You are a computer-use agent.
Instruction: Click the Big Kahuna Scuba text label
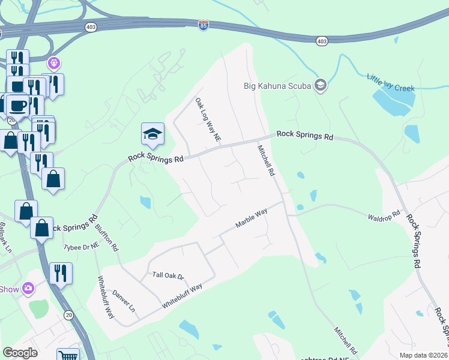pos(277,85)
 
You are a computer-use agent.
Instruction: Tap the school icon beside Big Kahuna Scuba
pos(320,85)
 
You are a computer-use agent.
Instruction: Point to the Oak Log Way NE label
pos(208,120)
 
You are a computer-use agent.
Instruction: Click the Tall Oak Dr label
pos(168,275)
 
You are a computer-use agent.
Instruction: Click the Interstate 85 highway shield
pos(203,26)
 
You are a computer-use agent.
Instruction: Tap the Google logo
pos(20,352)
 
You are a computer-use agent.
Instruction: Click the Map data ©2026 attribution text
pos(423,355)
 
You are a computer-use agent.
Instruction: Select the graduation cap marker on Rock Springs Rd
pos(152,134)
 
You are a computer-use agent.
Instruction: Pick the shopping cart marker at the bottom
pos(68,356)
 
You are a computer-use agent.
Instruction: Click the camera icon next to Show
pos(28,289)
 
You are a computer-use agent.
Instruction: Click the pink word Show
pos(9,289)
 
